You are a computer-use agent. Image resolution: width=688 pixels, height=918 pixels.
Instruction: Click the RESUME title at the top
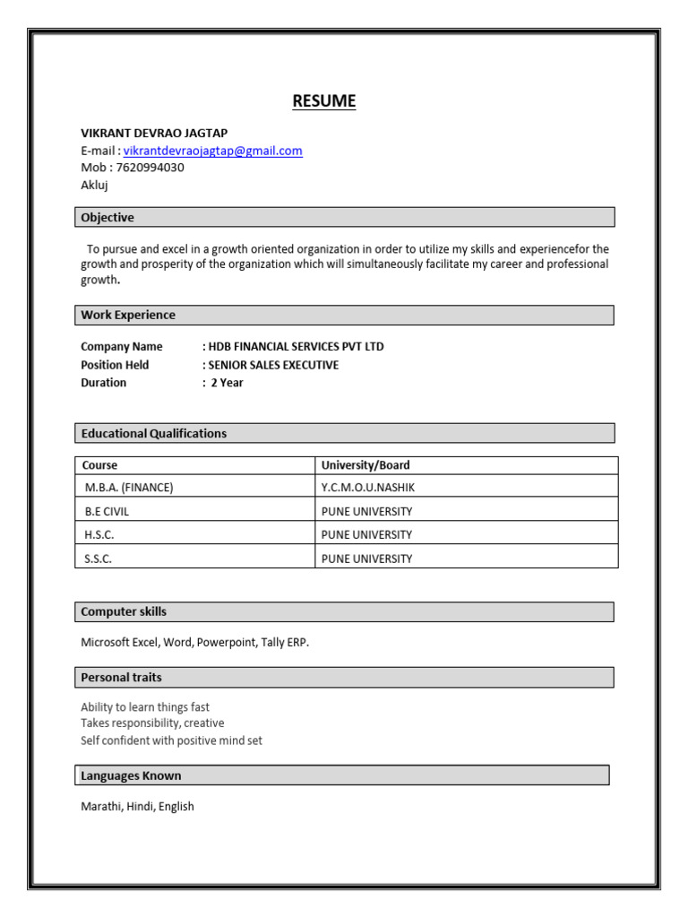pos(323,101)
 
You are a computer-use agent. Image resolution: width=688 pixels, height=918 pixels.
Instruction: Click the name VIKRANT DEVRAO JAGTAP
pos(154,133)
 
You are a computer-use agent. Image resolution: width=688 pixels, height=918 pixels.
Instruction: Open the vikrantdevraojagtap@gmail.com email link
pos(212,151)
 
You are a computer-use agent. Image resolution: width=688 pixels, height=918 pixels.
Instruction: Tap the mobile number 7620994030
pos(150,168)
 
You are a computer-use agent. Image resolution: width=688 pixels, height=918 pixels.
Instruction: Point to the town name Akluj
pos(95,185)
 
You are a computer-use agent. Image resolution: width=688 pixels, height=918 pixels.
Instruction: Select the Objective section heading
pos(107,217)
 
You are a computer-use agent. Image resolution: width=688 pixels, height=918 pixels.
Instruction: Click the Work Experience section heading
pos(128,315)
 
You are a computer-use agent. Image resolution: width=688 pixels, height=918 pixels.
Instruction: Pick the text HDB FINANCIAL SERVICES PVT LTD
pos(297,347)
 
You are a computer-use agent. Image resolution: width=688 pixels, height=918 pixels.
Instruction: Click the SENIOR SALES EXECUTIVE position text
pos(273,365)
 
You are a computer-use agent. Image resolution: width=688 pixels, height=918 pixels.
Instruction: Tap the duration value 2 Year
pos(227,383)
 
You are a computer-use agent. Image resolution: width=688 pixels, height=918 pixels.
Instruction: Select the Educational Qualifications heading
pos(154,433)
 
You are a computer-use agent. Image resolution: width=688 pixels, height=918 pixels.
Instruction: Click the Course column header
pos(99,465)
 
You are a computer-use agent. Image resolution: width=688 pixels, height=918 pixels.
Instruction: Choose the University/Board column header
pos(365,465)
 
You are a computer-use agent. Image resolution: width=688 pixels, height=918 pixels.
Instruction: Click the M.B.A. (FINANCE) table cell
pos(128,488)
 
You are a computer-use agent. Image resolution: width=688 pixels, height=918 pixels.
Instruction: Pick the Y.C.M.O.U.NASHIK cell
pos(368,488)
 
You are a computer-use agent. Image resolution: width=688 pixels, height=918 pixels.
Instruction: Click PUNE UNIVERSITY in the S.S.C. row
pos(366,559)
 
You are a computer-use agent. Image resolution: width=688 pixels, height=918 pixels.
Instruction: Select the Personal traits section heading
pos(122,677)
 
